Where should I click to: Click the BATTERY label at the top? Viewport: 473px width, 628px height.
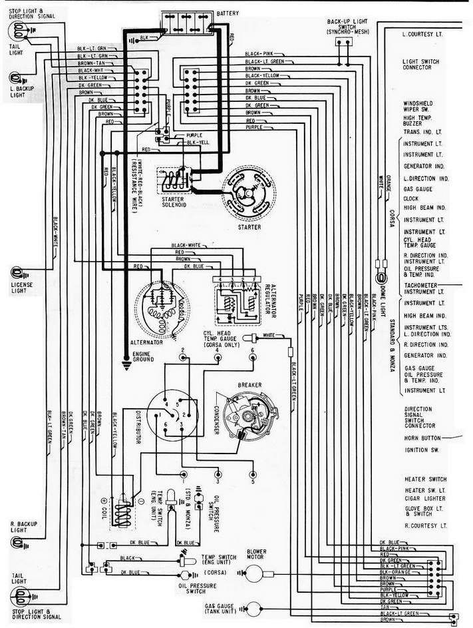click(228, 13)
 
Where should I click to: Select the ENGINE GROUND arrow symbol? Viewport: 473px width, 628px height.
click(127, 364)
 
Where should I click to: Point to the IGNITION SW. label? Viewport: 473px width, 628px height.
click(420, 450)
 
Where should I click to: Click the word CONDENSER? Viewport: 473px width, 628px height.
click(218, 420)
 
